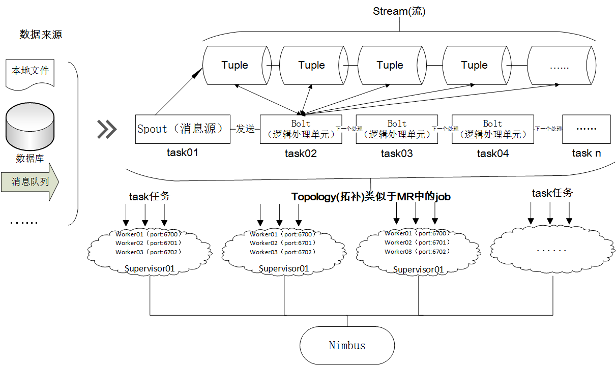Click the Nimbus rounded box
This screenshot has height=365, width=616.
347,345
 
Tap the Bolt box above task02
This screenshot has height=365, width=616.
300,129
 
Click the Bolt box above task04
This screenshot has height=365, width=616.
492,129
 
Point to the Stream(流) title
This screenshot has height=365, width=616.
399,11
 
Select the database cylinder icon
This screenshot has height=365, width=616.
30,126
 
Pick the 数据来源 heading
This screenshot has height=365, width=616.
41,35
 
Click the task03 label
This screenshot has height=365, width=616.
397,154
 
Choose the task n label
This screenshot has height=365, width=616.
586,153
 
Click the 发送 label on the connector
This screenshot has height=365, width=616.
245,129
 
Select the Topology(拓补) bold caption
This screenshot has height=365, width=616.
371,197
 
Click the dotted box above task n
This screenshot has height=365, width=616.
586,129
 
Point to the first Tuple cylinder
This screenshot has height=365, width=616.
235,65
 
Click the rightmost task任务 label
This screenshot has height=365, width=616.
552,193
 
